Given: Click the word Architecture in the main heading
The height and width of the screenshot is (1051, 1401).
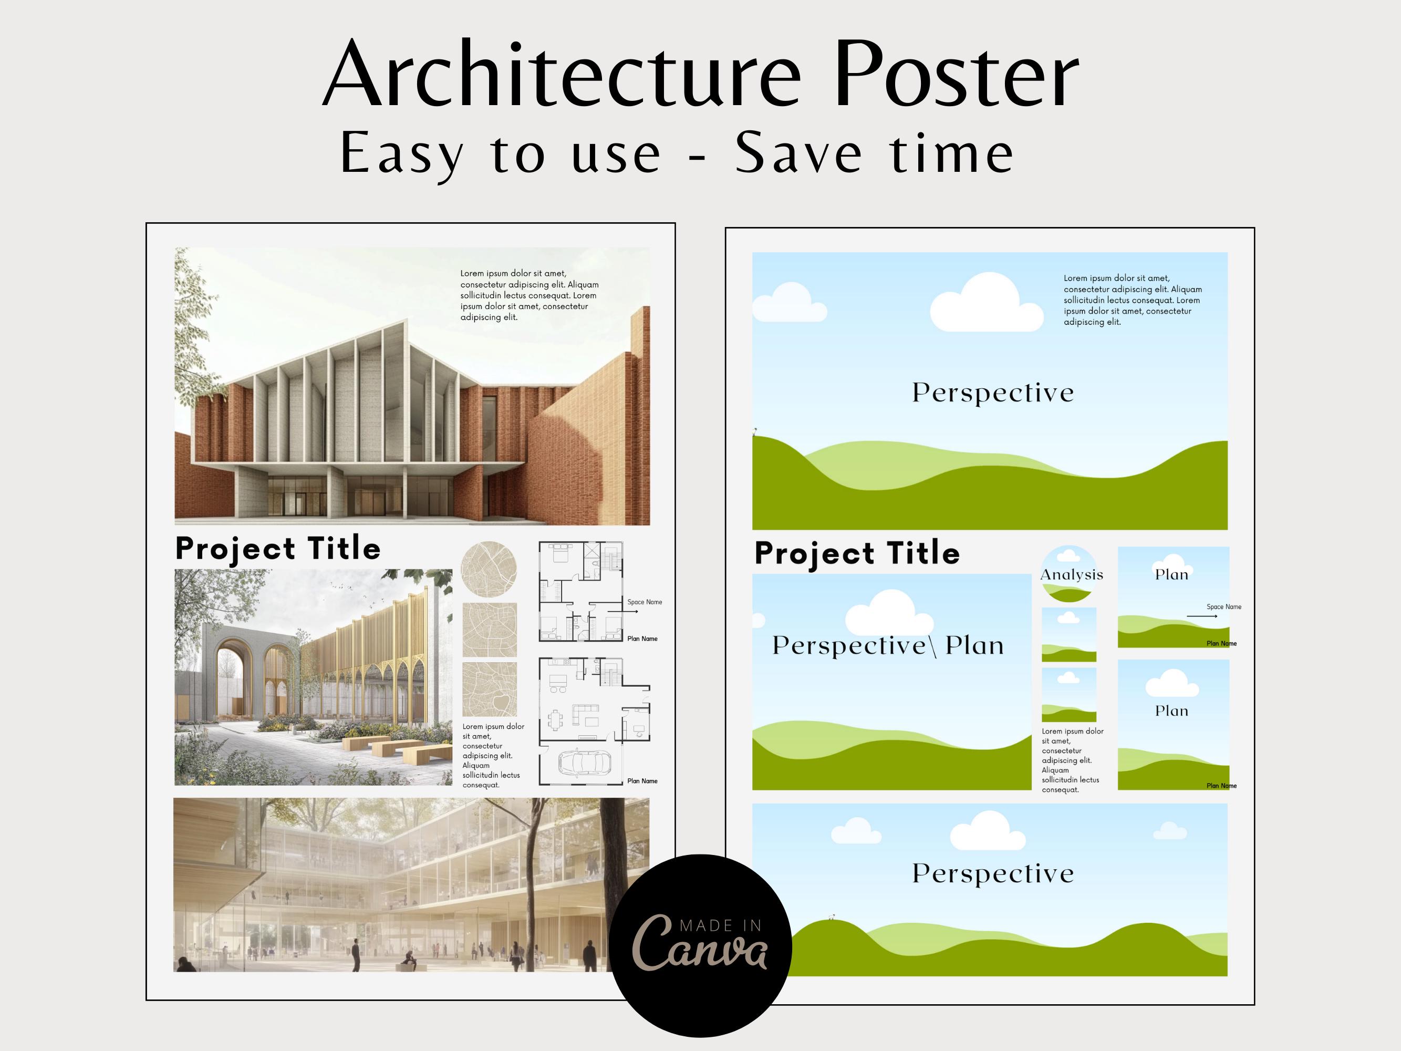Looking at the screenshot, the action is (563, 74).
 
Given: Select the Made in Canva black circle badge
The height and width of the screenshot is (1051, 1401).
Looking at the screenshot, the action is (701, 945).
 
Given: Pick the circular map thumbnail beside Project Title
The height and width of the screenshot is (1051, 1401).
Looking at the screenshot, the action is (489, 568).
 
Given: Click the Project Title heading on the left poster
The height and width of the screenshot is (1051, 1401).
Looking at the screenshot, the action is (277, 549).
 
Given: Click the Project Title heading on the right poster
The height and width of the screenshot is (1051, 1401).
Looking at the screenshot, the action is (857, 553).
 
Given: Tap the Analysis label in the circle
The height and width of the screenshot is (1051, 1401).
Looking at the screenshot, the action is (1072, 574).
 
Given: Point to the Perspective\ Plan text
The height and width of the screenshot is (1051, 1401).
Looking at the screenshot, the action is (888, 645).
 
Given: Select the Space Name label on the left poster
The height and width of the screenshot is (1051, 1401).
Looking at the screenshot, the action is (645, 602).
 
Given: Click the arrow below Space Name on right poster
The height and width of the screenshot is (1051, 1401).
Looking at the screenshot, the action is (1202, 616).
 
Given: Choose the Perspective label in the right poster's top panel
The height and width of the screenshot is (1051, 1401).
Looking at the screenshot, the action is (992, 393).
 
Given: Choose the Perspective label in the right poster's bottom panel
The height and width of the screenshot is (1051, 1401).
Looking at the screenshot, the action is (992, 873).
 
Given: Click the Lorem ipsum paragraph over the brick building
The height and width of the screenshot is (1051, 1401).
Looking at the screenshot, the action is (530, 295).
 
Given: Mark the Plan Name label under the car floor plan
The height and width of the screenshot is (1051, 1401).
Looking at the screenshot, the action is (642, 781).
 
